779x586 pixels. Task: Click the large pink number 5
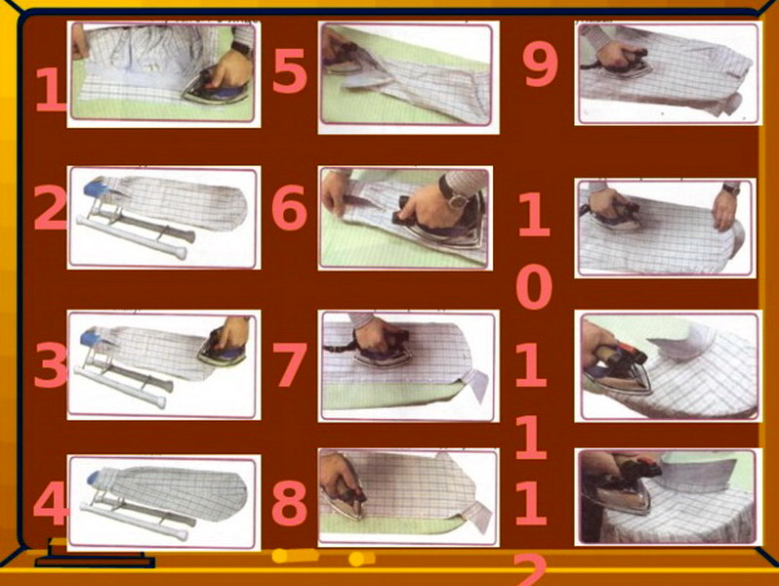[x=290, y=73]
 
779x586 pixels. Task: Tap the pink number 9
[x=540, y=64]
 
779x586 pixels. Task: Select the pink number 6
[x=289, y=207]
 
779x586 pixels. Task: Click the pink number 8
[x=289, y=503]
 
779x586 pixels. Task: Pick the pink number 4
[x=50, y=503]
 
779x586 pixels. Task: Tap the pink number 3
[x=50, y=366]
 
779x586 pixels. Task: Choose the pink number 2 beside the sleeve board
[x=50, y=207]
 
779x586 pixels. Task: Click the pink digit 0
[x=534, y=287]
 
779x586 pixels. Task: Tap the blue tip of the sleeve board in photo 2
[x=96, y=188]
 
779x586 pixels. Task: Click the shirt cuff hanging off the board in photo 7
[x=476, y=384]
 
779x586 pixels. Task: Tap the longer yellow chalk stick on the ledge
[x=295, y=556]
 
